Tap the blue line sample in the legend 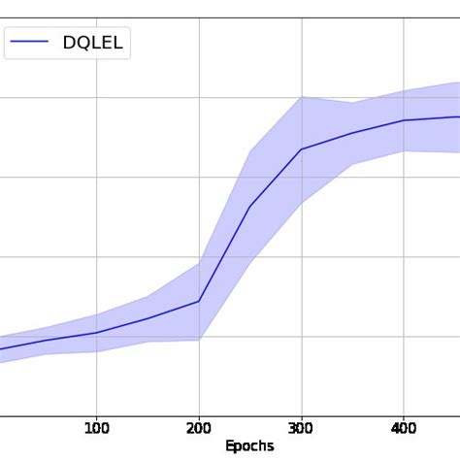click(30, 43)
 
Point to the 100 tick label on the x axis click(96, 428)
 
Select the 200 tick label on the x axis click(199, 428)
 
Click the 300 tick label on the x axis click(301, 428)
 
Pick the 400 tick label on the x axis click(404, 428)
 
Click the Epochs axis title click(249, 446)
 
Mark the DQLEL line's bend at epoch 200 click(199, 301)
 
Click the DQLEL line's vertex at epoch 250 click(250, 207)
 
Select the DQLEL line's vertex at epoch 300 click(301, 149)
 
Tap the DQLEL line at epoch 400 click(404, 120)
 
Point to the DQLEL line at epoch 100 click(96, 333)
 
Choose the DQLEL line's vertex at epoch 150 click(148, 318)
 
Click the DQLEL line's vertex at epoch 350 click(352, 133)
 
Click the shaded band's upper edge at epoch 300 click(301, 97)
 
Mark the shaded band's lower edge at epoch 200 click(199, 340)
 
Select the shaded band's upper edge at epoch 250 click(250, 151)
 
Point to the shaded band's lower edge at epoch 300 click(301, 202)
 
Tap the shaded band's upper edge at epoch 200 click(199, 263)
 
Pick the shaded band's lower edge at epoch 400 click(404, 150)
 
